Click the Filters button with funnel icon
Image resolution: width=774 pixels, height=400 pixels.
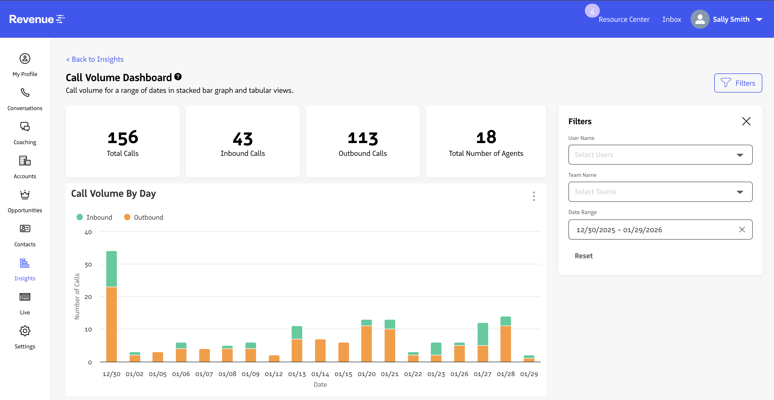738,83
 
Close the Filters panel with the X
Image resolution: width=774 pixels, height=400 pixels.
746,121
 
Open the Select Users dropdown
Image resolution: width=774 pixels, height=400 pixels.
660,155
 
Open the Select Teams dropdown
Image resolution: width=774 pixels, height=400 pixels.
660,192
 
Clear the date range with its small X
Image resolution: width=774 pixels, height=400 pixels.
742,230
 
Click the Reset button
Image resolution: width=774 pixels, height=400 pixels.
584,256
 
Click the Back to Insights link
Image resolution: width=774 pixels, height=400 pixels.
95,59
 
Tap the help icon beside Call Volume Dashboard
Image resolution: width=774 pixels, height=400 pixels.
178,77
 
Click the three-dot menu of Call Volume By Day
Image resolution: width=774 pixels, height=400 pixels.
534,196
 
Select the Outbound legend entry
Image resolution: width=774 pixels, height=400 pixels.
144,218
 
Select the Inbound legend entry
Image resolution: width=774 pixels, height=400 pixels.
94,218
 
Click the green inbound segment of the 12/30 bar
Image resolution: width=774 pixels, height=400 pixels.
112,269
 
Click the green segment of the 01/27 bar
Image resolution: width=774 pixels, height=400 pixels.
483,334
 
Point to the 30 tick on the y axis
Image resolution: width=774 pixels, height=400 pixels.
88,265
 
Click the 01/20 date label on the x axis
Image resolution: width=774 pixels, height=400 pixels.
367,374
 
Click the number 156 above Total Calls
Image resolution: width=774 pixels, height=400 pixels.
123,138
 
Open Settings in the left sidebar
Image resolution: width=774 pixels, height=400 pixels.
25,337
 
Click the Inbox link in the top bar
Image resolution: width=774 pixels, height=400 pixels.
671,19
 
